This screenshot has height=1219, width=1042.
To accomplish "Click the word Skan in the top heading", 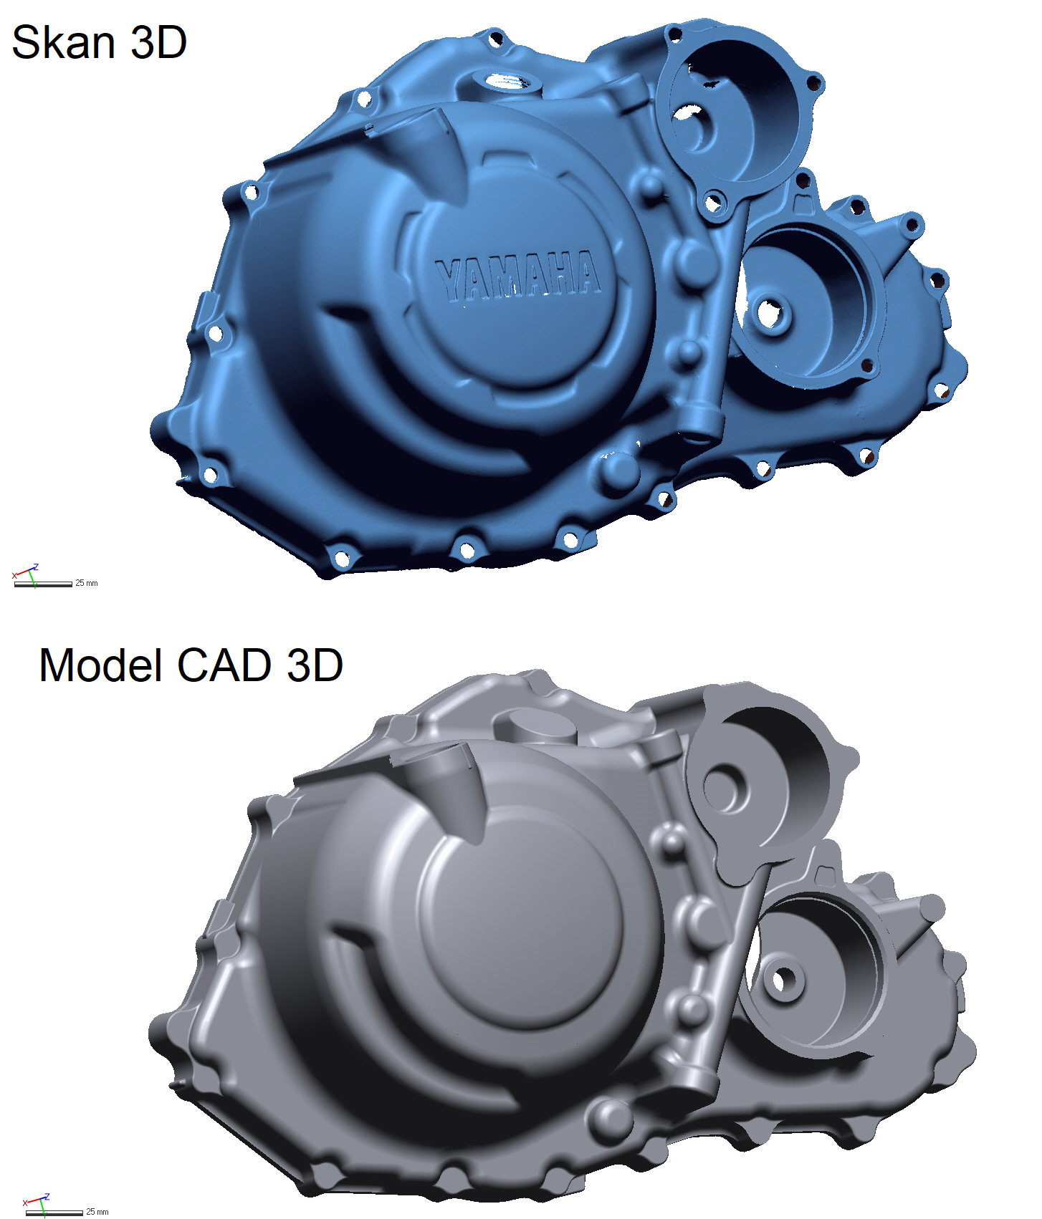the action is (x=64, y=42).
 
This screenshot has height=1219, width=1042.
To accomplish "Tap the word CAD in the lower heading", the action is (x=224, y=665).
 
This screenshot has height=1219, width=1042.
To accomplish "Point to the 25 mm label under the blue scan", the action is (x=87, y=583).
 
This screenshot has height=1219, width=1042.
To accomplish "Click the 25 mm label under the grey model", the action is (x=97, y=1212).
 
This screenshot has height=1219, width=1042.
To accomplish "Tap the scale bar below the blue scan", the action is (x=44, y=584).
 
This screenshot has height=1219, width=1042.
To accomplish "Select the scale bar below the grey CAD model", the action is (x=54, y=1213).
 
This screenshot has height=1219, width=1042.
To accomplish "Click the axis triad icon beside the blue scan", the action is (x=26, y=573).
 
